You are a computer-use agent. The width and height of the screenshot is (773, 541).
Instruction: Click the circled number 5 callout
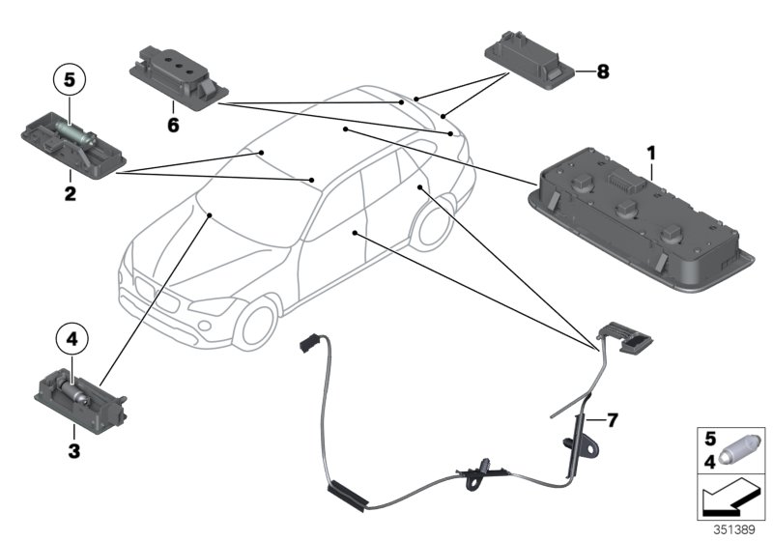tap(70, 79)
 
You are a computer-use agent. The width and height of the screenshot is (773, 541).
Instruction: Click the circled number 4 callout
tap(71, 339)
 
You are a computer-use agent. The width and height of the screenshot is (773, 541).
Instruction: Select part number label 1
tap(651, 153)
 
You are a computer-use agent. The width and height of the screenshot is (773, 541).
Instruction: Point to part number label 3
tap(70, 449)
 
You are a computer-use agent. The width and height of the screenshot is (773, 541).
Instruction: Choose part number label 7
tap(611, 420)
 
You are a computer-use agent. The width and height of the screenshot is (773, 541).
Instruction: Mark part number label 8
tap(603, 71)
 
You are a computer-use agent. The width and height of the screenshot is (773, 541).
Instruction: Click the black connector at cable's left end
tap(311, 342)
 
